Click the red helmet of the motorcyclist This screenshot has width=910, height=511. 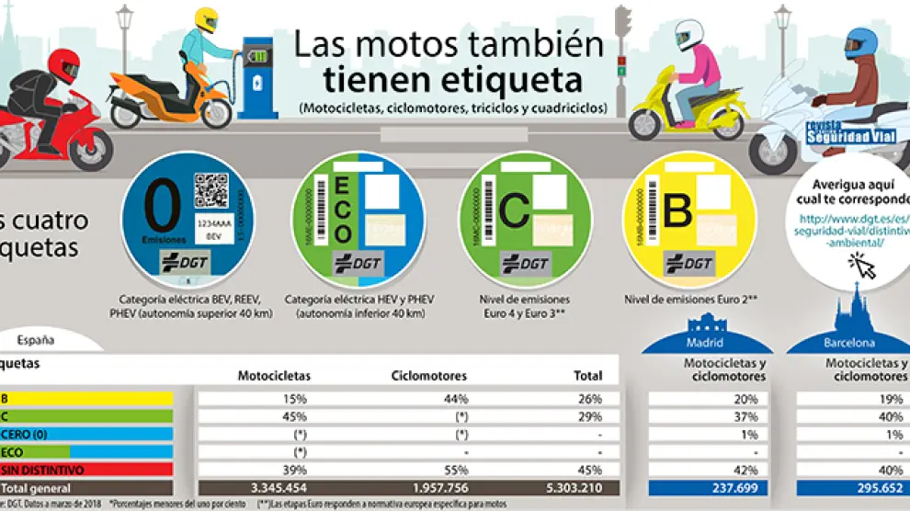[x=63, y=67]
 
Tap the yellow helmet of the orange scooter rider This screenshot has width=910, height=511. [x=205, y=21]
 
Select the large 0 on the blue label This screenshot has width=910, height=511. [x=165, y=210]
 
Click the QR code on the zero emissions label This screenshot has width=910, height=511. [x=210, y=190]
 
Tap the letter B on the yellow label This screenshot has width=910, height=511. [x=677, y=210]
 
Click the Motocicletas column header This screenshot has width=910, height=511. [x=274, y=375]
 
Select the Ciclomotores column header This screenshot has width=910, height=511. [x=429, y=375]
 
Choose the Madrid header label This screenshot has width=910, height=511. [x=705, y=344]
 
